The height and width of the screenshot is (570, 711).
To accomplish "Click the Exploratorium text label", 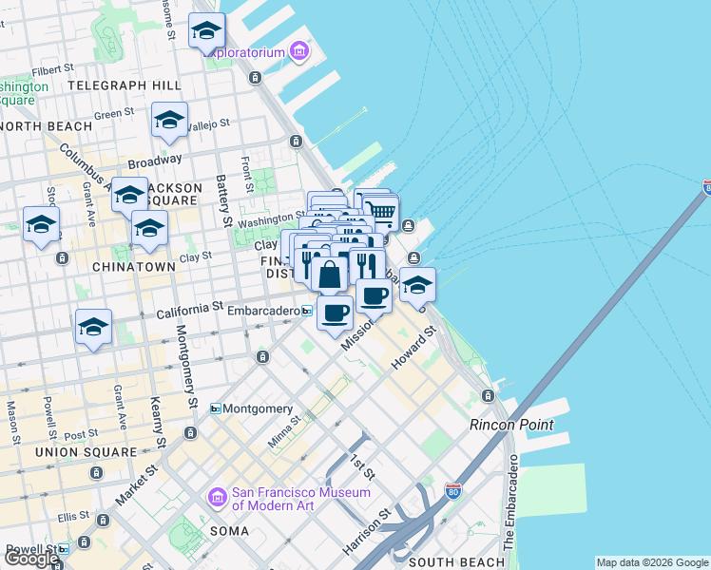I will (x=245, y=52).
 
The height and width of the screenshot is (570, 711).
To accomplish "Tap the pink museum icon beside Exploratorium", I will (x=299, y=50).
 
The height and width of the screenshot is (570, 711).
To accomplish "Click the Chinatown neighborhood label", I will (x=134, y=268).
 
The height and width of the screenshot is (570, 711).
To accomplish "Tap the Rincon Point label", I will (x=511, y=425).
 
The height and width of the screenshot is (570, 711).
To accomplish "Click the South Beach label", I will (x=455, y=562).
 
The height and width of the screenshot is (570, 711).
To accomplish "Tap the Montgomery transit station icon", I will (x=216, y=408).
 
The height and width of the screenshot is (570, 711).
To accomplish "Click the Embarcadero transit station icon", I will (x=307, y=311).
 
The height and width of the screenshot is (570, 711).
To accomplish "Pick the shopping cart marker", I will (x=380, y=212).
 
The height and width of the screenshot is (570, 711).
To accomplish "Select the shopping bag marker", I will (x=329, y=275).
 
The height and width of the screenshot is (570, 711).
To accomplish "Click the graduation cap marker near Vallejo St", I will (x=169, y=120).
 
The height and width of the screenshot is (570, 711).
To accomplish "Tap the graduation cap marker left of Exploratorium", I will (x=206, y=32).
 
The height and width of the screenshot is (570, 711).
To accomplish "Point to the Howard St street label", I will (x=413, y=350).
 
